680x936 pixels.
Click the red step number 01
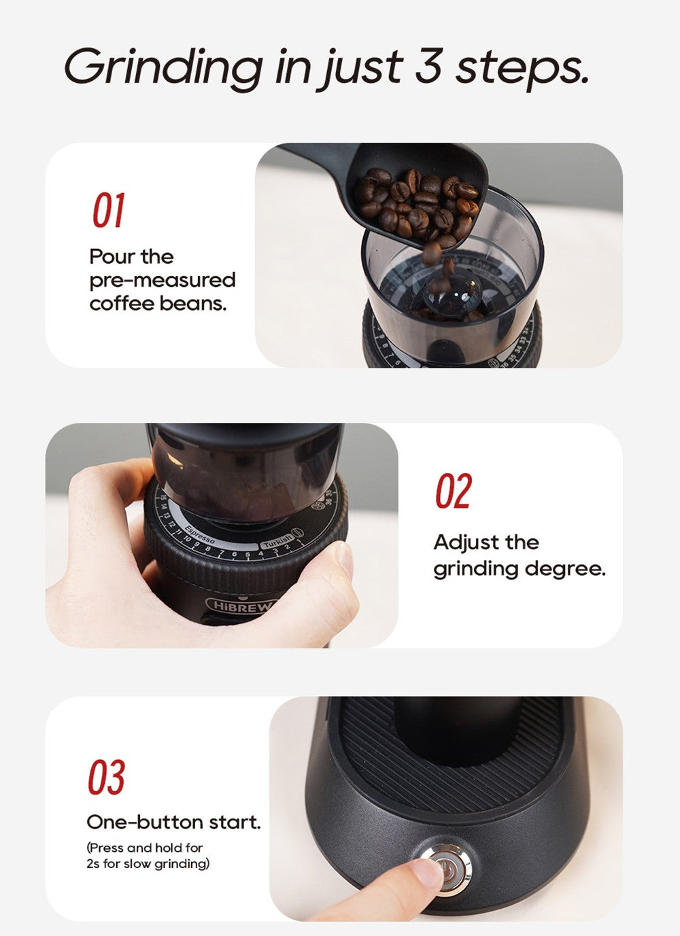109,211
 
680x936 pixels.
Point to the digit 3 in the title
428,67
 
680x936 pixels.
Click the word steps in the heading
521,67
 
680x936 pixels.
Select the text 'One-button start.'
173,822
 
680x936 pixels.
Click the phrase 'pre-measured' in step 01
162,280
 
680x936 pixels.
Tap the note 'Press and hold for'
146,848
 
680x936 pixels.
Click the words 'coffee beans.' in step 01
158,303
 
